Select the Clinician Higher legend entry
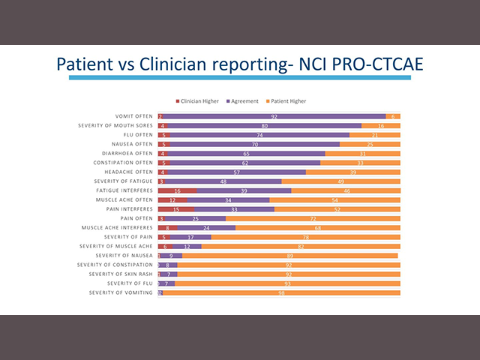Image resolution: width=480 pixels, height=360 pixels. click(199, 101)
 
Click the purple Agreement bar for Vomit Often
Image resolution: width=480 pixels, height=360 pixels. click(274, 116)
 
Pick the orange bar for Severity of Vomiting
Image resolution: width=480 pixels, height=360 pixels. click(281, 292)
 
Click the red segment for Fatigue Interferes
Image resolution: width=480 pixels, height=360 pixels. click(176, 191)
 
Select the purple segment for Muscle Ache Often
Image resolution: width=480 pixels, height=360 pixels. click(228, 200)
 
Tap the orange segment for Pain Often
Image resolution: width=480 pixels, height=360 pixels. click(313, 219)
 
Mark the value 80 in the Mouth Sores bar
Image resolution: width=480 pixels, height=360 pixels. click(265, 125)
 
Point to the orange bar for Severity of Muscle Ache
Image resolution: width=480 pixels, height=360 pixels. click(301, 247)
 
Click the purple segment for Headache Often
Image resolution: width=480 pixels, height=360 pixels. click(237, 172)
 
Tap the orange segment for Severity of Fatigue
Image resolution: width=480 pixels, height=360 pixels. click(340, 181)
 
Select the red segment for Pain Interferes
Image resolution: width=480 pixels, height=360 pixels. click(175, 210)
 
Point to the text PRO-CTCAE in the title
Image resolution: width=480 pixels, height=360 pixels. click(379, 64)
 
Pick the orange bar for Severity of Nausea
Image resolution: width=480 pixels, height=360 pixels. click(289, 256)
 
